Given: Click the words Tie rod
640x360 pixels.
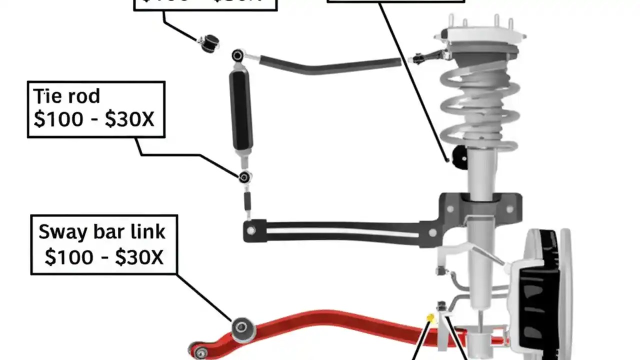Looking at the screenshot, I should point(66,95).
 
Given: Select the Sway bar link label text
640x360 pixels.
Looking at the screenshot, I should point(102,232).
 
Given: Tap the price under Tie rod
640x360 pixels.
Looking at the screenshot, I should point(94,120).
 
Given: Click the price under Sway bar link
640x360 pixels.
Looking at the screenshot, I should point(103,257).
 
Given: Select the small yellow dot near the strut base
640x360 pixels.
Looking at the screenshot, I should point(429,317).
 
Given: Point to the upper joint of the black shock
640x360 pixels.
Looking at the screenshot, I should point(238,55).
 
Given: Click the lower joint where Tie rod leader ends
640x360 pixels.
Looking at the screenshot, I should point(244,176).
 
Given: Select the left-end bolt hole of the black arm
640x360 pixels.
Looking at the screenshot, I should point(250,230).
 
